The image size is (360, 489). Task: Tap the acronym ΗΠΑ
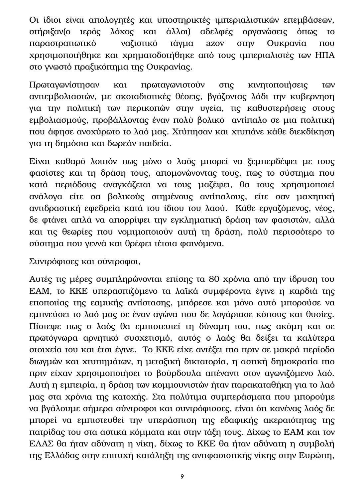(326, 55)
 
